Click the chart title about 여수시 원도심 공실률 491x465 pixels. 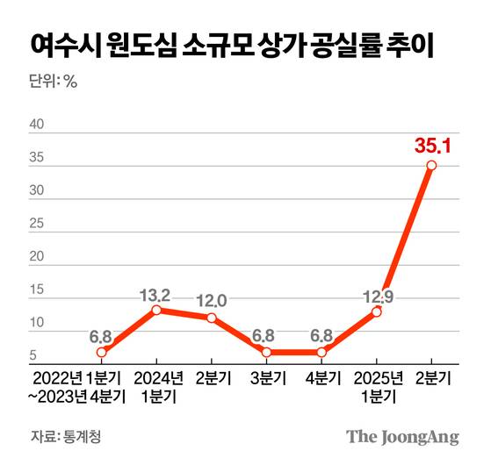tap(232, 45)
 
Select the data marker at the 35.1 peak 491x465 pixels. tap(431, 165)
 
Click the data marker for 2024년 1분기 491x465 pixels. tap(156, 309)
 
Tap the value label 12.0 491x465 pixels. tap(212, 301)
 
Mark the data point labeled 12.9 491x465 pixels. tap(377, 311)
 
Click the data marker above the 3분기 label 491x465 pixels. tap(267, 352)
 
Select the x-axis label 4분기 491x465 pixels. tap(321, 379)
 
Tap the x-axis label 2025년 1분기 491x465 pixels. tap(377, 387)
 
